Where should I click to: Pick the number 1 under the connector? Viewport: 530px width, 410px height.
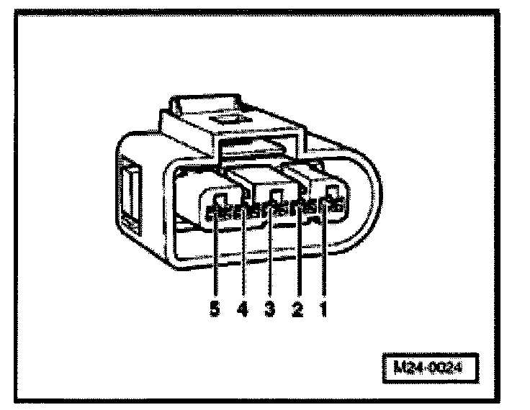[325, 310]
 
